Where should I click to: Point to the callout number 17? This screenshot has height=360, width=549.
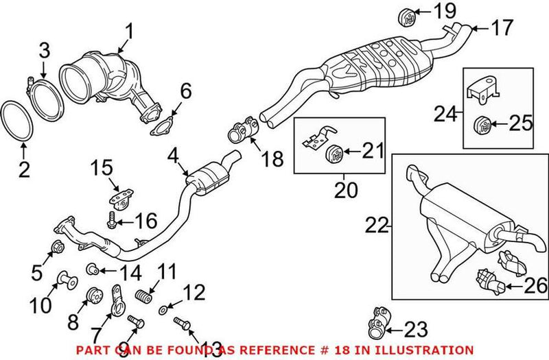tap(502, 28)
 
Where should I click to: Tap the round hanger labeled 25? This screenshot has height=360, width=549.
tap(483, 125)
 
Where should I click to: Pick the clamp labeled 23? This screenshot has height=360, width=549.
tap(378, 322)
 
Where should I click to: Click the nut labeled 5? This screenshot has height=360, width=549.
tap(58, 248)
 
